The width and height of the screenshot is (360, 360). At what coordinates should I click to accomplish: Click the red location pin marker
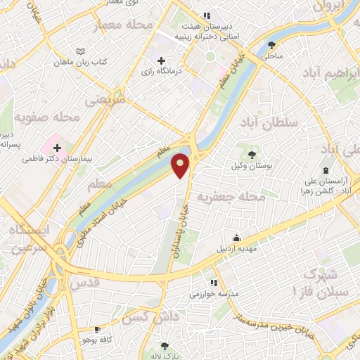(x=181, y=165)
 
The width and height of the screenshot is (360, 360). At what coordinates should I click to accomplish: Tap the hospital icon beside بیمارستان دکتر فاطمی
(x=57, y=148)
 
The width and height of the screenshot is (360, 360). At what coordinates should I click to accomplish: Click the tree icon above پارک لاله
(x=165, y=346)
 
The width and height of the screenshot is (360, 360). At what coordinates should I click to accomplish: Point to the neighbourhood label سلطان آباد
(x=269, y=122)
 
